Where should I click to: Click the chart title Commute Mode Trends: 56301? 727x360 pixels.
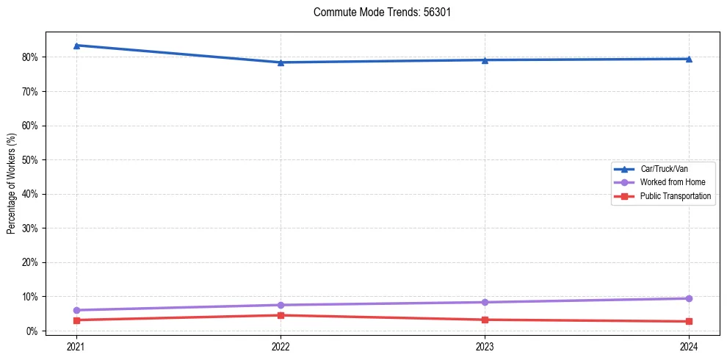click(x=377, y=12)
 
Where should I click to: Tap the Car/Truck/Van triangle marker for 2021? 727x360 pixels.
click(x=76, y=46)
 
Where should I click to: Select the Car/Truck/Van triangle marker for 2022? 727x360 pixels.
click(x=281, y=62)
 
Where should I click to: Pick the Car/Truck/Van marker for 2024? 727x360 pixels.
click(x=689, y=59)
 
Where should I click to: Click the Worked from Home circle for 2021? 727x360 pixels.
click(x=76, y=310)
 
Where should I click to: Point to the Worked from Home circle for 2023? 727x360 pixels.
click(x=485, y=302)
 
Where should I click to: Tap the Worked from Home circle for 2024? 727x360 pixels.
click(x=689, y=298)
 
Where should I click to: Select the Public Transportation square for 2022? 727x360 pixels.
click(x=281, y=315)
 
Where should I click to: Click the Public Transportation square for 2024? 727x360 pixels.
click(x=689, y=321)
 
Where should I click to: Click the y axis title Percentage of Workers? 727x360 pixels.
click(x=11, y=184)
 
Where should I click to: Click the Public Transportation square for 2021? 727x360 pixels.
click(x=76, y=320)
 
